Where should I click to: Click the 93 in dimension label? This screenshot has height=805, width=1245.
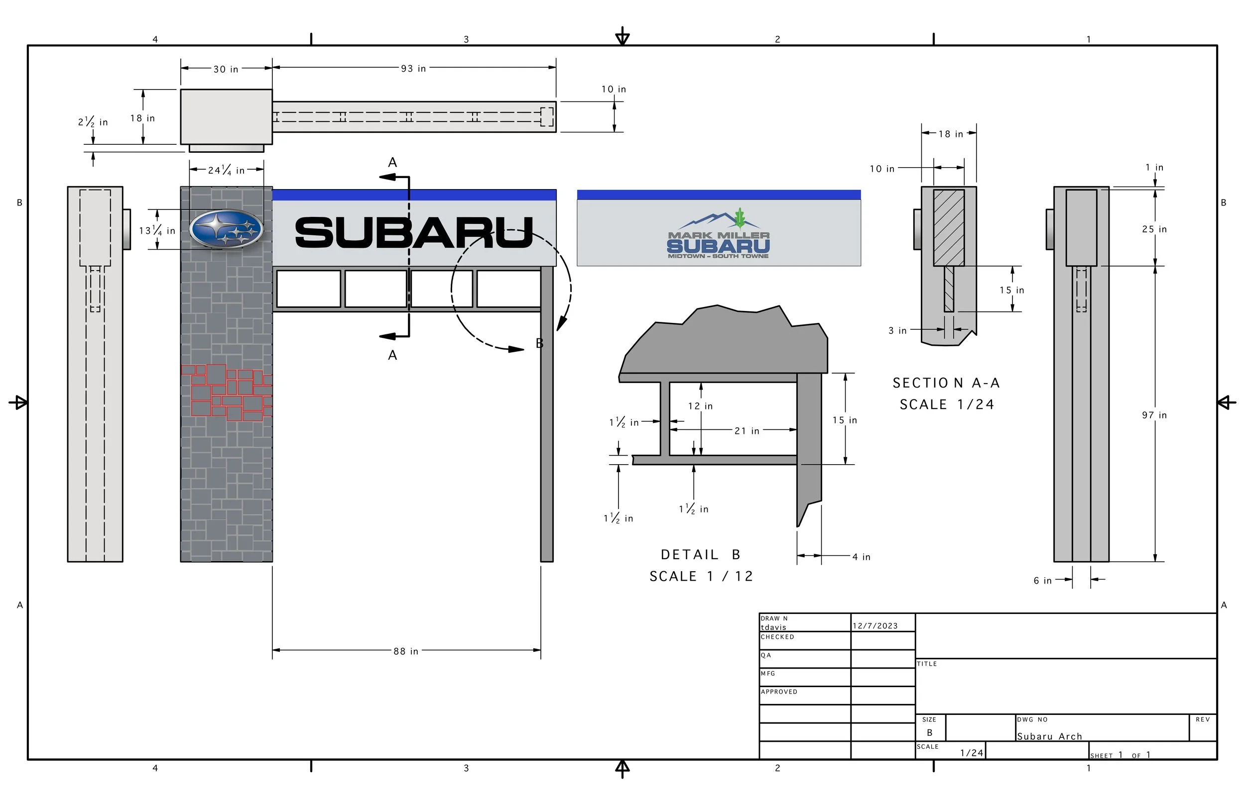(x=413, y=69)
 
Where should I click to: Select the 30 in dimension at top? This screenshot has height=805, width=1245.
(x=226, y=69)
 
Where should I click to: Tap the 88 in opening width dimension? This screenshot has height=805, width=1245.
(x=406, y=651)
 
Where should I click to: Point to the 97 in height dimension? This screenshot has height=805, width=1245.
(x=1154, y=415)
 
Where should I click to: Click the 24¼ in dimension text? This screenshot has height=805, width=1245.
(x=226, y=170)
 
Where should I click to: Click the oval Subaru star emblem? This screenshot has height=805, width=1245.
(x=226, y=229)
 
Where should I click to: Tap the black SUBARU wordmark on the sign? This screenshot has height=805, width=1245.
(x=414, y=233)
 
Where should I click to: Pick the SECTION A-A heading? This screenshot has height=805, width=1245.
(x=946, y=383)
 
